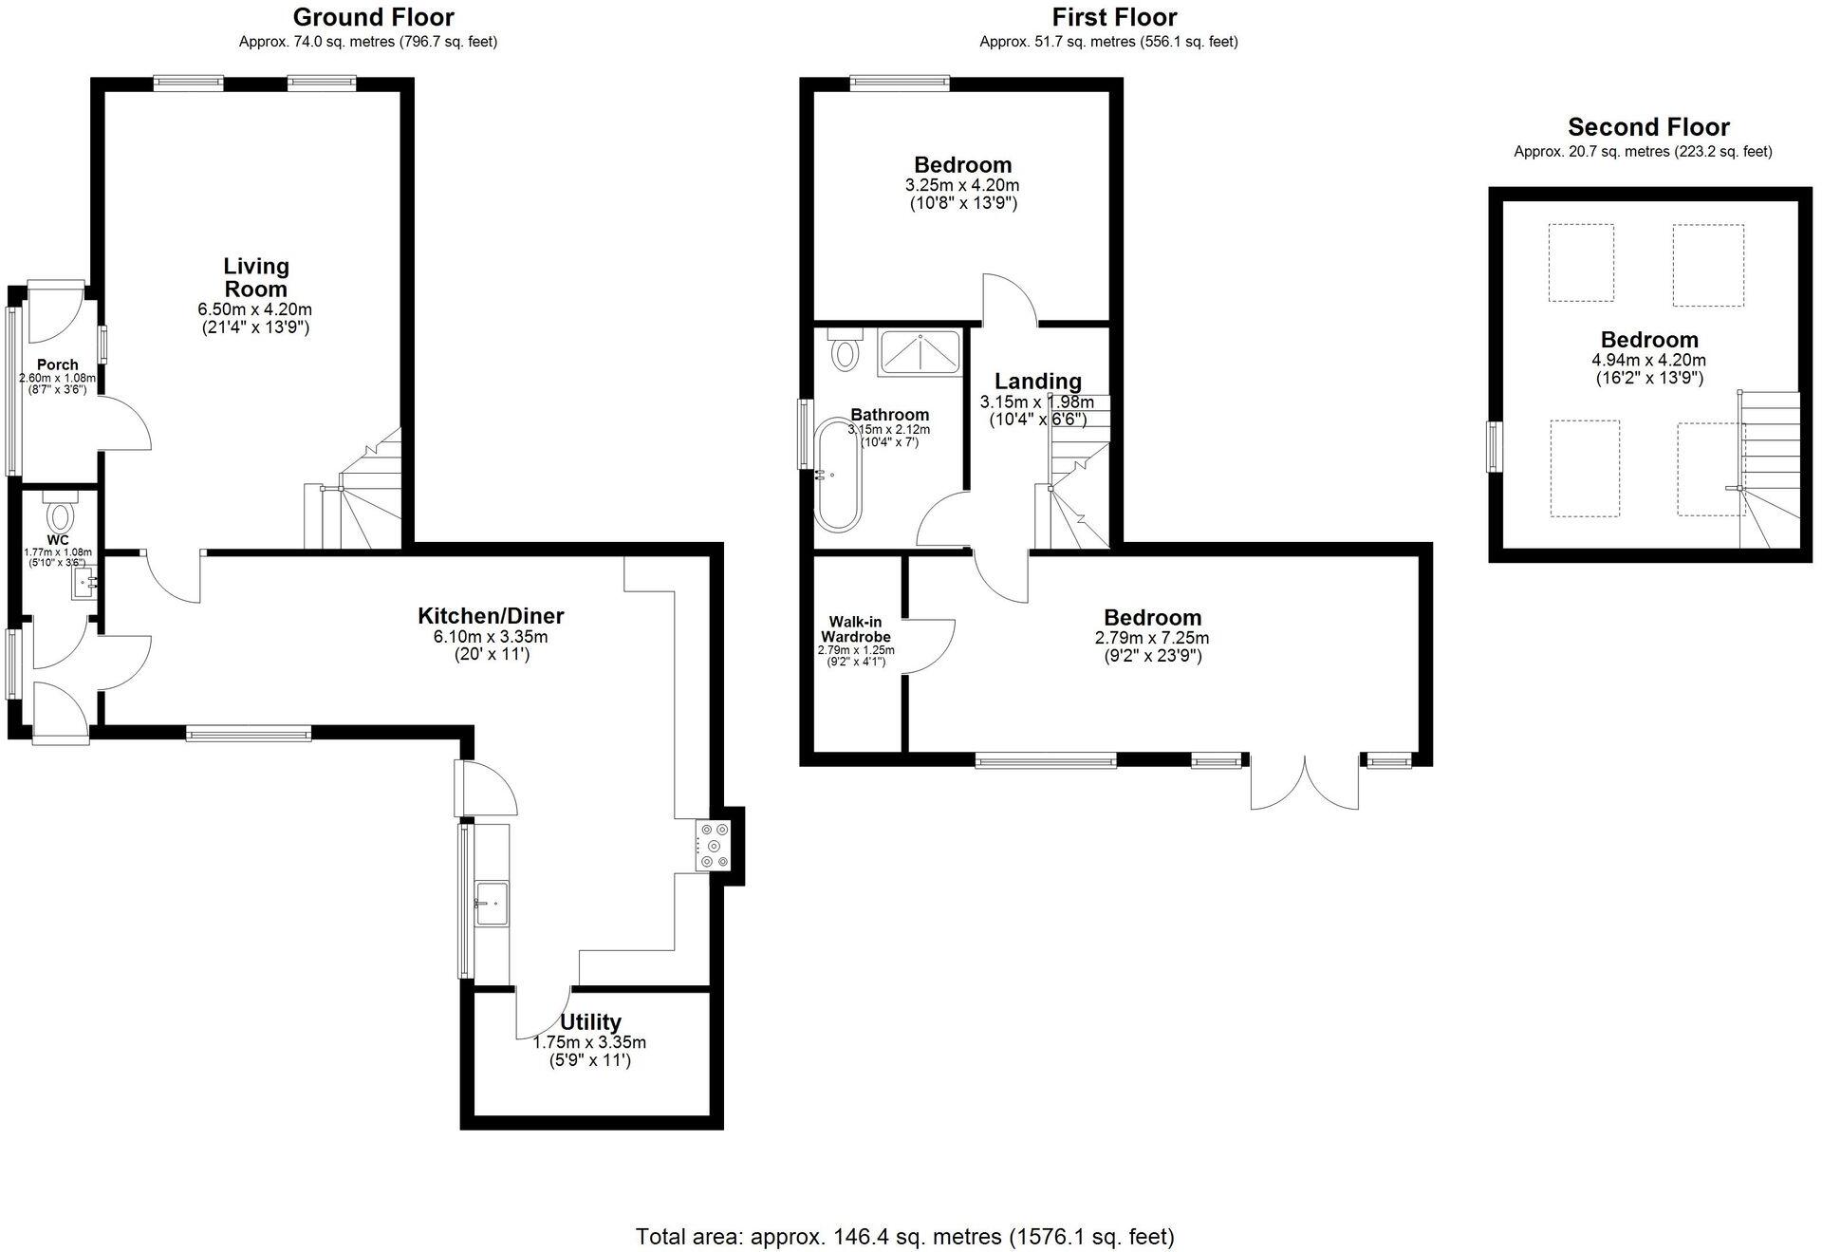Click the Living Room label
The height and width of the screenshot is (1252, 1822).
255,277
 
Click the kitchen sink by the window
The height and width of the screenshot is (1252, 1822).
493,902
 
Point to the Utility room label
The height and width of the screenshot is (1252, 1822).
590,1021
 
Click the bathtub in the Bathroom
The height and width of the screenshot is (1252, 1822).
839,473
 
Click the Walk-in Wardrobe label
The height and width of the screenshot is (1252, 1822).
855,629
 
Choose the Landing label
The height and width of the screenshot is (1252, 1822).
1037,381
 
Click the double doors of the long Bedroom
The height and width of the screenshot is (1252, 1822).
1305,783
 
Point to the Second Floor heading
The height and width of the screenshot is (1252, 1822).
1648,127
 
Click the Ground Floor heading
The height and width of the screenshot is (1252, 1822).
373,17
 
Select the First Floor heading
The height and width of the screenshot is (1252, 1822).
1114,17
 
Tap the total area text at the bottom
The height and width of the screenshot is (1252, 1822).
904,1237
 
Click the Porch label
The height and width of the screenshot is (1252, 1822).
57,364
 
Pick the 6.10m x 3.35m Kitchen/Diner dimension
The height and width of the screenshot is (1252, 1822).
491,637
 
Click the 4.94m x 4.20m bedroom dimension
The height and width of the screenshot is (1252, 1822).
1648,360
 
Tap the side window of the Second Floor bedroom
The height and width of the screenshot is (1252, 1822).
1495,446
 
